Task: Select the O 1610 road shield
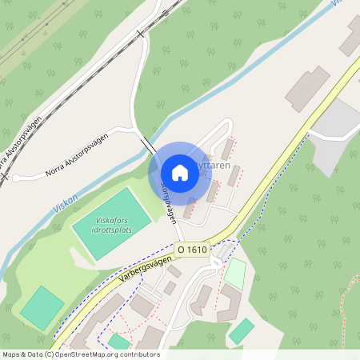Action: pyautogui.click(x=192, y=250)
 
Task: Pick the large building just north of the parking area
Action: pyautogui.click(x=307, y=88)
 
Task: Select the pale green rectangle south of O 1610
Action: pyautogui.click(x=234, y=274)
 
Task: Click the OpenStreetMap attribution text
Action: pyautogui.click(x=80, y=354)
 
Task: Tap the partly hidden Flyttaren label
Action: pyautogui.click(x=218, y=166)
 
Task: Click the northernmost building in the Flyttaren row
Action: pyautogui.click(x=228, y=149)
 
